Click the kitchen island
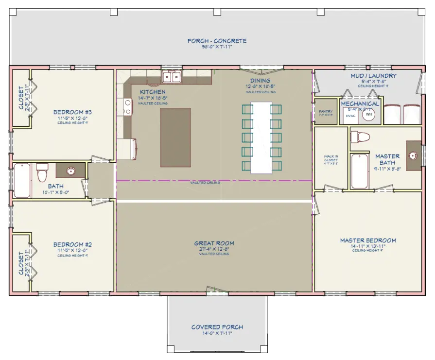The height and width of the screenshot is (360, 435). click(175, 137)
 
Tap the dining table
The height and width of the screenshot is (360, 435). click(261, 137)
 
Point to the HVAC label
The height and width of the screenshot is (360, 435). click(350, 116)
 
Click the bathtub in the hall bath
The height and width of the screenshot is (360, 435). click(22, 180)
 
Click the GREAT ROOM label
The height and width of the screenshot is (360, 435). click(214, 243)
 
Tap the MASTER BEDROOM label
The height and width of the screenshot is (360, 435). click(367, 240)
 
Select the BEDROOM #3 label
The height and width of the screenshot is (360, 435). click(72, 112)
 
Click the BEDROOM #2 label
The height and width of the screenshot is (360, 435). click(72, 244)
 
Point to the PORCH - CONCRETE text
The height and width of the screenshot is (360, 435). click(217, 41)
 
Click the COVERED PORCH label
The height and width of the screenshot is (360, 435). click(217, 327)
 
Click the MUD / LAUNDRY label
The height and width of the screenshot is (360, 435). click(373, 76)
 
